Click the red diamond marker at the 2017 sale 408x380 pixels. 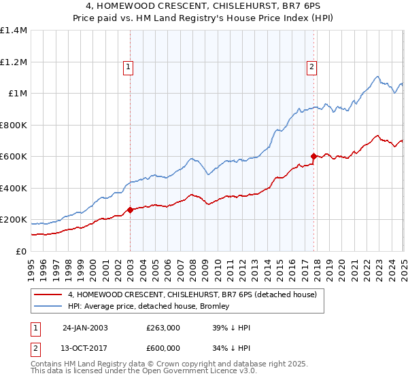pyautogui.click(x=313, y=157)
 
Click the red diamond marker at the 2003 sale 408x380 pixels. pyautogui.click(x=131, y=210)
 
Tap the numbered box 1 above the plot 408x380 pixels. pyautogui.click(x=128, y=66)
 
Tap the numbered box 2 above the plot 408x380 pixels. pyautogui.click(x=311, y=66)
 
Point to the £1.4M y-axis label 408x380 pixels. pyautogui.click(x=14, y=31)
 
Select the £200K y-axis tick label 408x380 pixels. pyautogui.click(x=14, y=220)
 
